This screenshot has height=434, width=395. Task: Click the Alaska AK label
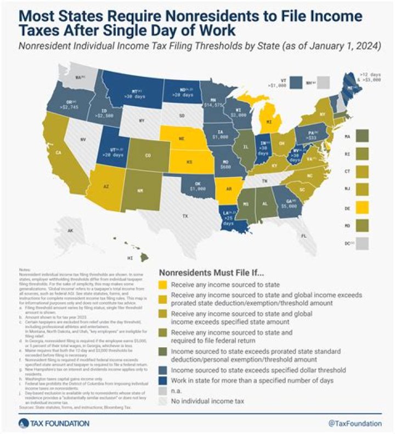pos(71,231)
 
